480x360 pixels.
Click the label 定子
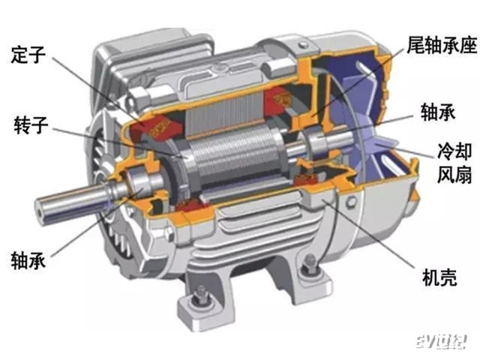(28, 55)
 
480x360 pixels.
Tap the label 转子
(31, 125)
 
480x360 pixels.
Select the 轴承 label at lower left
(28, 260)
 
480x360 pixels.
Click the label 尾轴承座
(442, 45)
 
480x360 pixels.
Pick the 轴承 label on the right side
(438, 112)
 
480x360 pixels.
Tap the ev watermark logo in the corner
(441, 340)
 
